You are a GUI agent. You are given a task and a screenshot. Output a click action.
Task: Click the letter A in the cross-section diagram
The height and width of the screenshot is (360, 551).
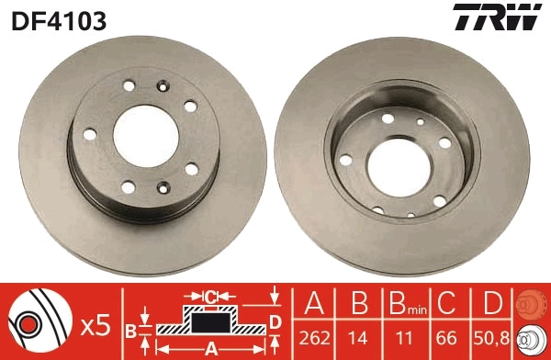[211, 347]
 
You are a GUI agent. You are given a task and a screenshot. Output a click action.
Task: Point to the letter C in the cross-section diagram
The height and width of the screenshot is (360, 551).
[211, 297]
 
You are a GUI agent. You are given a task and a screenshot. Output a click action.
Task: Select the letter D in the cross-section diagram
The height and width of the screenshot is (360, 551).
[275, 320]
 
